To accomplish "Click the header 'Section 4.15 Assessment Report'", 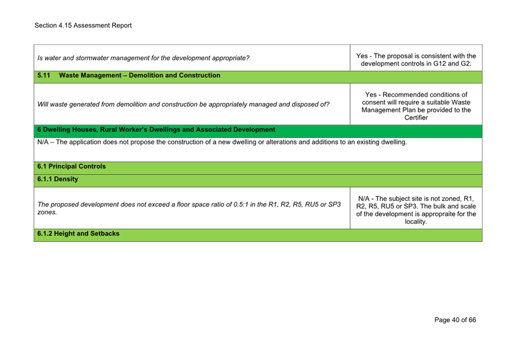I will pos(83,26).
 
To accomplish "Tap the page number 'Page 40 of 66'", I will pos(455,320).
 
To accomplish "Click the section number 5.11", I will pos(44,75).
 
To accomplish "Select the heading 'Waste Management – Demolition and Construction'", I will pos(139,75).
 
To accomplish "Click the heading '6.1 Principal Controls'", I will pos(71,166).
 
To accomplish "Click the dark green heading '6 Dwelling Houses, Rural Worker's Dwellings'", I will pos(155,130).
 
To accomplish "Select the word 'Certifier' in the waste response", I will pos(416,118).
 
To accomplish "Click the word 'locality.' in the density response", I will pos(416,222).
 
